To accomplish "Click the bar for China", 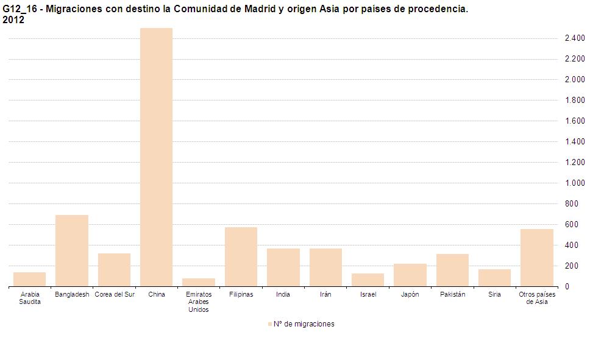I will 156,157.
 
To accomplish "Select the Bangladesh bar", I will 72,250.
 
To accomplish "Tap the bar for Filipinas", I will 241,256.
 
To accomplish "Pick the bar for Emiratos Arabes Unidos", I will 199,282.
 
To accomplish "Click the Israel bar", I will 368,280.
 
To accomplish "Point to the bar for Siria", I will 494,278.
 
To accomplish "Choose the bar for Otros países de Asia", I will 537,258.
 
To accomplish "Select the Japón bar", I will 410,275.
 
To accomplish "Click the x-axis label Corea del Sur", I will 114,295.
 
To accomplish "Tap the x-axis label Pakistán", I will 452,295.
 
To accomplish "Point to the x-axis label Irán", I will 325,295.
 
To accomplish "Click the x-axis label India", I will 283,295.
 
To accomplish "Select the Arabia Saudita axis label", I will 30,298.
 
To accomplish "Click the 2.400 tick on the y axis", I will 574,38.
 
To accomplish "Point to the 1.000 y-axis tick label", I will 574,183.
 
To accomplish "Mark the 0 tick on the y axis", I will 567,287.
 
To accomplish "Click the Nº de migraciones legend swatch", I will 269,324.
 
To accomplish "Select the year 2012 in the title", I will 13,20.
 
